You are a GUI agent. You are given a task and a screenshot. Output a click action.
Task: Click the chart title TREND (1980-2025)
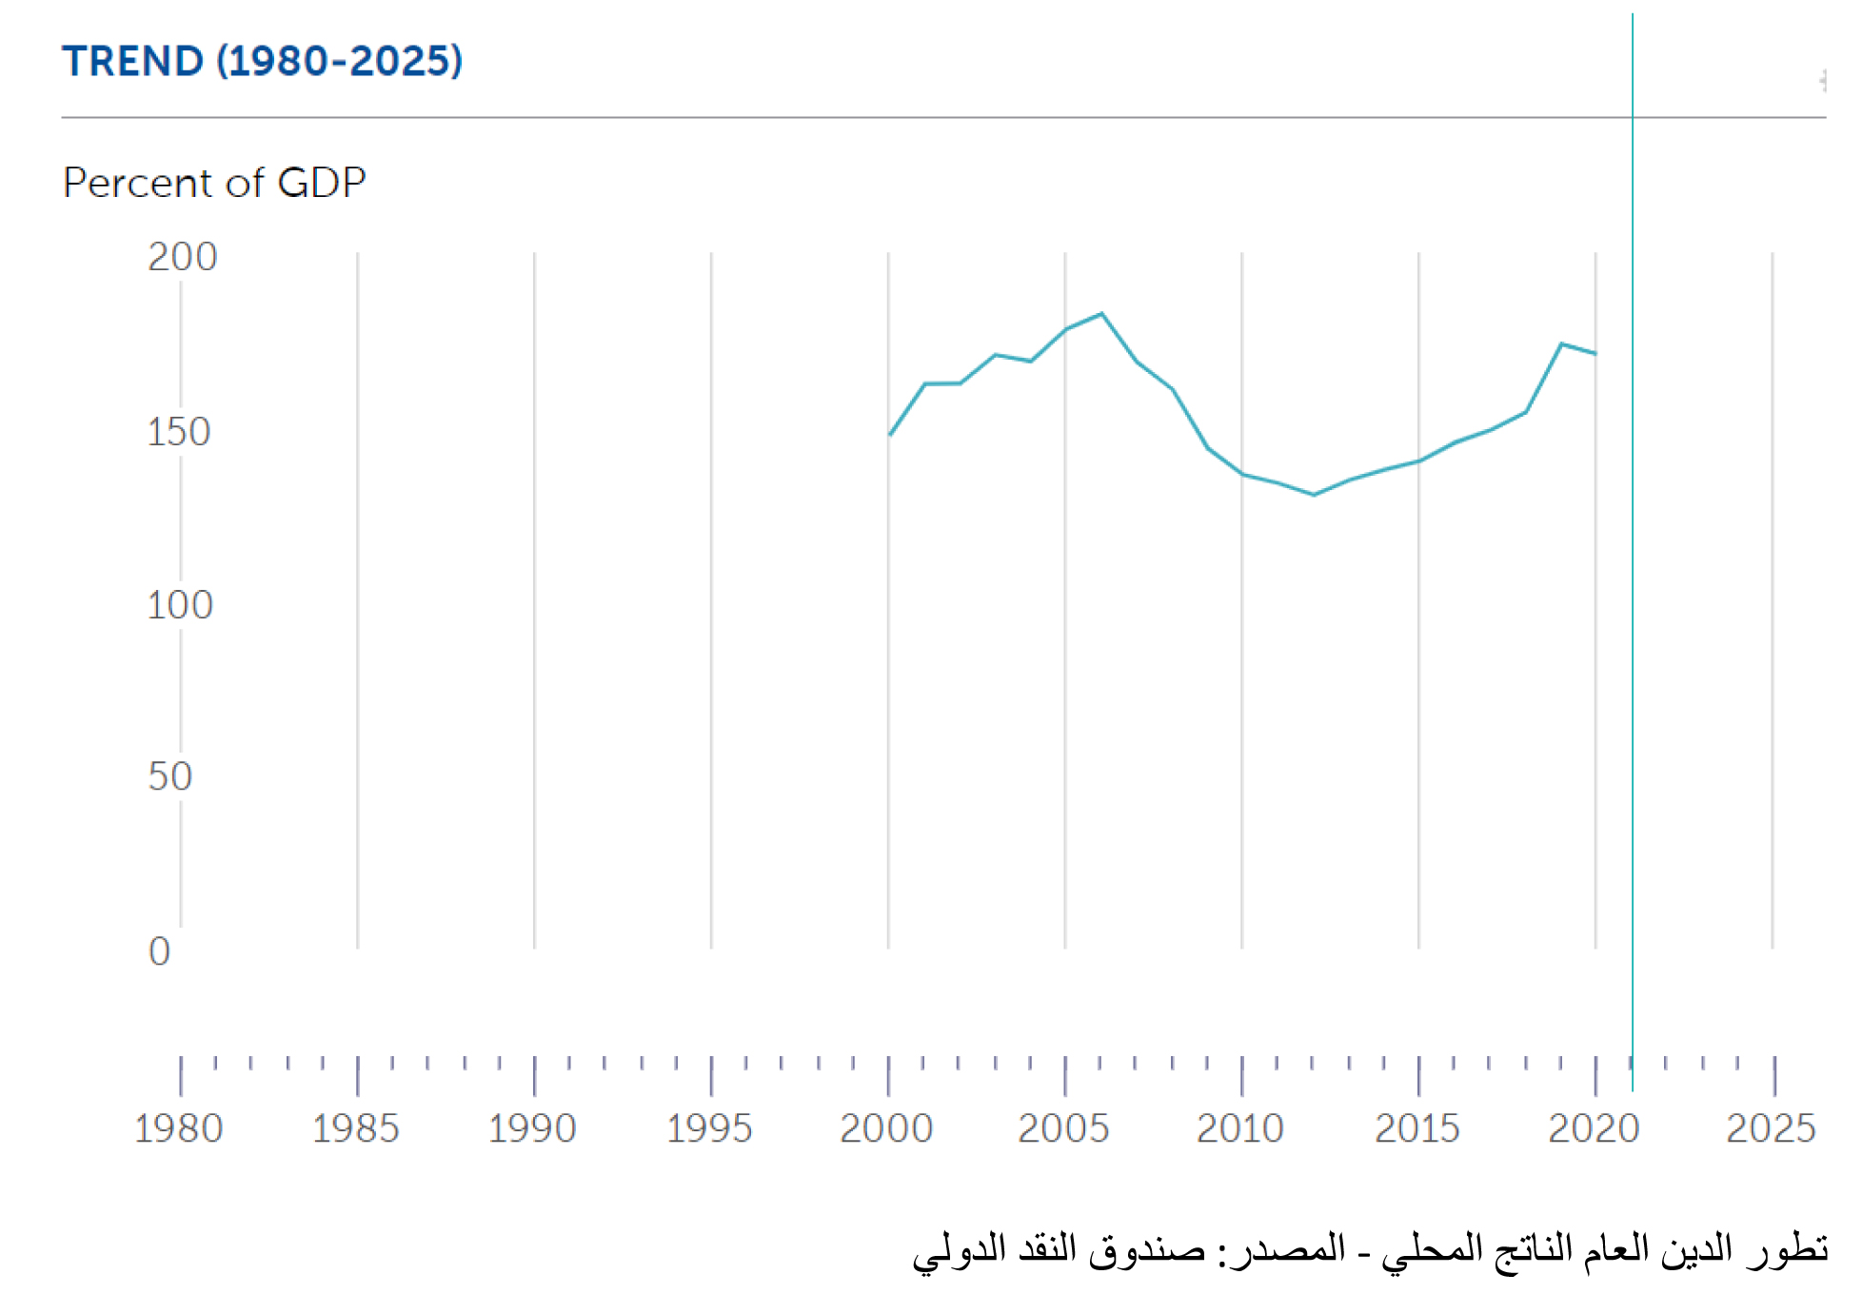263,61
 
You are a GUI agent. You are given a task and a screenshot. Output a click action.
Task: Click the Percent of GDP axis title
214,183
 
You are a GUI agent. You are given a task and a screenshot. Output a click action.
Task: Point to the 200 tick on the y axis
182,257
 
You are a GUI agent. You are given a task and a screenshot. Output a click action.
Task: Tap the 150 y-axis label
178,432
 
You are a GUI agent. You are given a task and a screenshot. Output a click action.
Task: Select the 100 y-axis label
179,605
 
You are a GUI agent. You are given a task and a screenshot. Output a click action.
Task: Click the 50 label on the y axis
169,776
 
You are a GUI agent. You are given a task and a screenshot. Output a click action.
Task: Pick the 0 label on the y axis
159,951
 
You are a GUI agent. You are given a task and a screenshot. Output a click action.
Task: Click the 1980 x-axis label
178,1128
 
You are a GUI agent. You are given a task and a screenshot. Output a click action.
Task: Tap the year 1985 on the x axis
355,1128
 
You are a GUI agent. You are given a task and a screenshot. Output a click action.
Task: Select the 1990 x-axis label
532,1128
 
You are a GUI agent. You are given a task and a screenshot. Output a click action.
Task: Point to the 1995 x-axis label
709,1128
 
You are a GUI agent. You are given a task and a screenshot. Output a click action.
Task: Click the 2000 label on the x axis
886,1128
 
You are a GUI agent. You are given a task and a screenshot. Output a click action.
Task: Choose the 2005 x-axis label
1063,1128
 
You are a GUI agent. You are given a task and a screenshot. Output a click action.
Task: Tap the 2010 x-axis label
1240,1128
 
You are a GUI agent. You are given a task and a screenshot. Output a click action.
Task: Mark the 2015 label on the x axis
1417,1128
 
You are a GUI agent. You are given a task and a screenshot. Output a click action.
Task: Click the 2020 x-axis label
1595,1128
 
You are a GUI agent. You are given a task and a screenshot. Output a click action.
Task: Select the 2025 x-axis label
1771,1128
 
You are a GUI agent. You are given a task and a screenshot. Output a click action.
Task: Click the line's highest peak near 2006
1101,314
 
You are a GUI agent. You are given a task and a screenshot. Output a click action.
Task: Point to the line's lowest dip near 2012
1314,495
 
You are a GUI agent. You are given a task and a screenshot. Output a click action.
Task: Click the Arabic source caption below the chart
1370,1248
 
